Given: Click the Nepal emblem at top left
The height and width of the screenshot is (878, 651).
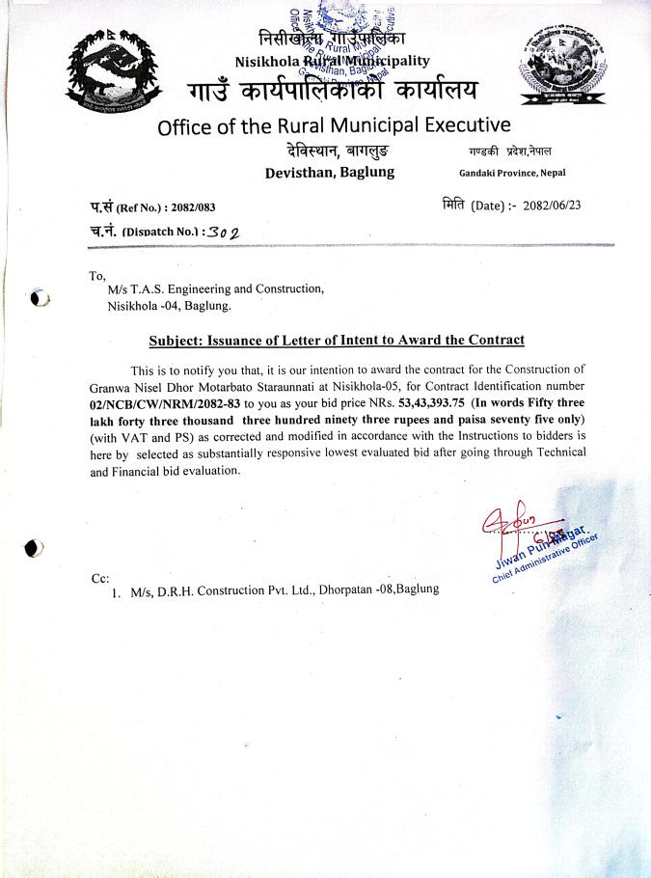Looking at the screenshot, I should tap(109, 69).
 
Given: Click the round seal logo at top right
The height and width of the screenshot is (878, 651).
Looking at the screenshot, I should tap(562, 64).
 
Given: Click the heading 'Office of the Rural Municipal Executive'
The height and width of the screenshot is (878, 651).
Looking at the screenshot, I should tap(334, 126).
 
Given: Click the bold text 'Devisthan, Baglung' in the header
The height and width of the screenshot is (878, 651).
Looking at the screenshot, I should tap(329, 173).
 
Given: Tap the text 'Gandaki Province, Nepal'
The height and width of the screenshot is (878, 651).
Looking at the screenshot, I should tap(512, 173).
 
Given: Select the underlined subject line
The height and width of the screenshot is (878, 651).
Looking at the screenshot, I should tap(337, 340).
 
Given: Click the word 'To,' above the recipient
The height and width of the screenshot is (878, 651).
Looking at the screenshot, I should tap(96, 274).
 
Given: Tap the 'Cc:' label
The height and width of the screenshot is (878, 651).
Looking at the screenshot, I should tap(99, 578).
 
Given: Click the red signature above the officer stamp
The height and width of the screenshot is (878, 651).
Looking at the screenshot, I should tap(510, 522).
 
